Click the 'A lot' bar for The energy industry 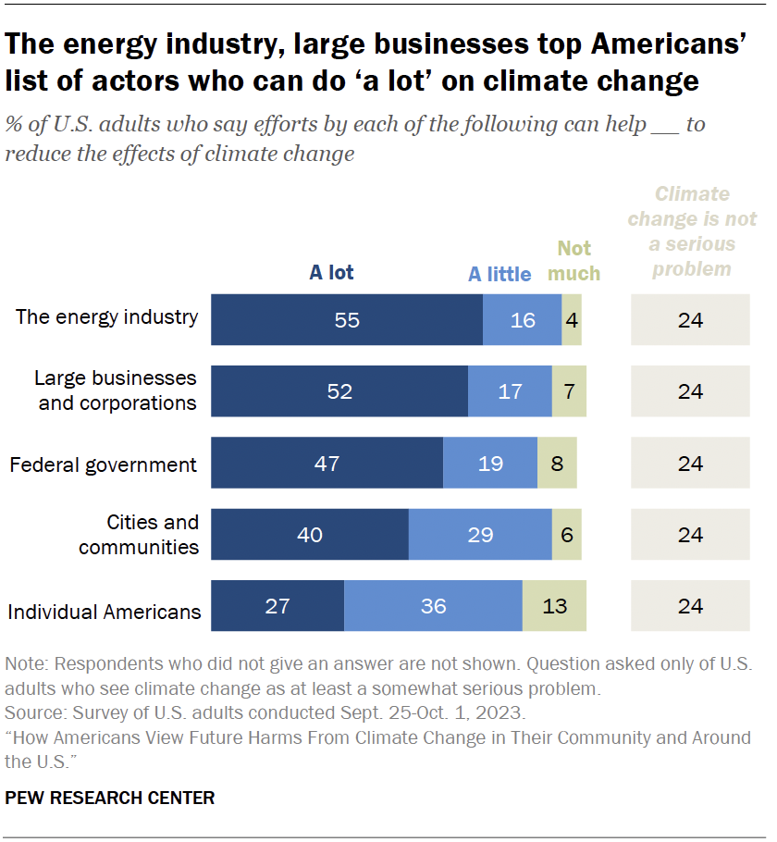(x=347, y=320)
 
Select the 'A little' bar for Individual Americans (x=433, y=606)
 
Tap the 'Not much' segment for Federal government (x=557, y=463)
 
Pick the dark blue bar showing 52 (x=339, y=391)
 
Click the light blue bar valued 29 (x=480, y=535)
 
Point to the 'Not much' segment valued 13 (x=554, y=606)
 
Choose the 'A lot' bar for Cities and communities (x=310, y=535)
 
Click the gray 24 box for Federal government (x=690, y=463)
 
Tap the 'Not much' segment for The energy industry (x=572, y=320)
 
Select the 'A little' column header (x=499, y=274)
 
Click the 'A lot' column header (x=331, y=272)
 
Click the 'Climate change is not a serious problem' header (x=691, y=231)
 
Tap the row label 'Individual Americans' (x=105, y=612)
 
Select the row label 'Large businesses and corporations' (x=116, y=390)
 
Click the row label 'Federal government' (x=103, y=464)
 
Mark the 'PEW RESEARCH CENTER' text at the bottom (x=110, y=798)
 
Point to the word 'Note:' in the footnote (x=25, y=664)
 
